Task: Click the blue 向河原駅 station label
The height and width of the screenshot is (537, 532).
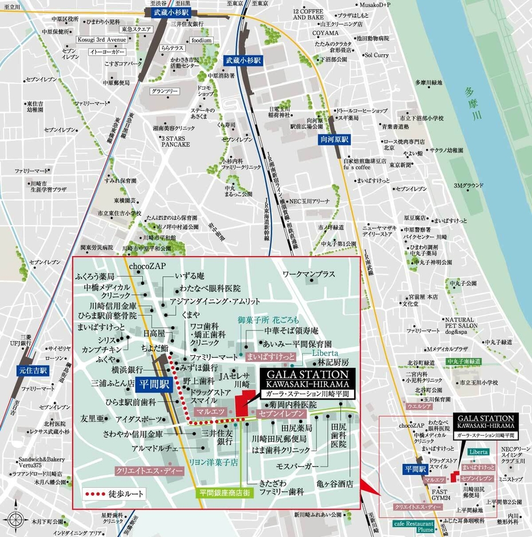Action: (333, 139)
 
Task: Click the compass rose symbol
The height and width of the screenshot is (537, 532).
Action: (16, 520)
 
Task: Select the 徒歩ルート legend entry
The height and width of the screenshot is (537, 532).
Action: (115, 493)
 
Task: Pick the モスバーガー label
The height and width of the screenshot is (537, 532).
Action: (297, 467)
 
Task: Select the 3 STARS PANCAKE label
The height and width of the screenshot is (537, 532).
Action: (175, 142)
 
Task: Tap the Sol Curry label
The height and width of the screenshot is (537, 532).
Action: (377, 55)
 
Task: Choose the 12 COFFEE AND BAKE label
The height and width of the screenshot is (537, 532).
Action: (309, 15)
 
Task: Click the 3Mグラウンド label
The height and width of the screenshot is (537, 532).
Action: (469, 186)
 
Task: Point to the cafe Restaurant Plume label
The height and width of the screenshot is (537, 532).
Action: (414, 526)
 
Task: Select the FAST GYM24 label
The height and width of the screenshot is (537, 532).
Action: (439, 494)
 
